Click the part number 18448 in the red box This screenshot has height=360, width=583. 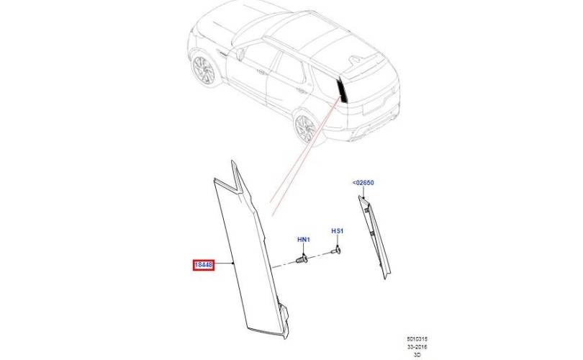click(x=204, y=265)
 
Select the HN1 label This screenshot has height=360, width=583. click(x=304, y=240)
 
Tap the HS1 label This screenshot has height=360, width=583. click(x=338, y=231)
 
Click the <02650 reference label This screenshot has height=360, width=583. click(x=363, y=183)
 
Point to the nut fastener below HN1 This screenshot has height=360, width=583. click(x=302, y=259)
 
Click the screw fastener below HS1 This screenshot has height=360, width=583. click(x=336, y=251)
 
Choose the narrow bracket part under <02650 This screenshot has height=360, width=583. click(x=374, y=237)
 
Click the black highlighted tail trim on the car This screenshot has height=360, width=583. click(x=342, y=90)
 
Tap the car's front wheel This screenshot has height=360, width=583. click(x=204, y=70)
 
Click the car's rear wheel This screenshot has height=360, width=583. click(x=305, y=128)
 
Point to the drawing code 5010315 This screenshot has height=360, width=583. click(x=417, y=339)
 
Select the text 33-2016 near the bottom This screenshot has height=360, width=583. click(x=417, y=347)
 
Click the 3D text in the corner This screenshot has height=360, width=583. click(x=417, y=355)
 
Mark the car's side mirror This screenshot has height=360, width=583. click(x=240, y=53)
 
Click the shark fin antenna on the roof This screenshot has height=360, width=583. click(x=355, y=59)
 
